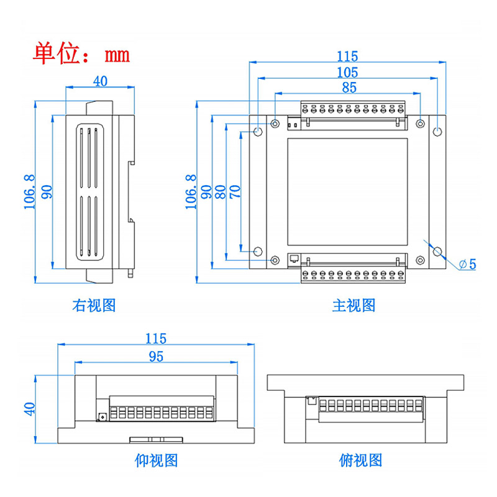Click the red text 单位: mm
pos(81,54)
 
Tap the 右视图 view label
pos(94,305)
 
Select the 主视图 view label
pos(353,305)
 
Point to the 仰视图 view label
pos(156,460)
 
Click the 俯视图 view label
pos(360,460)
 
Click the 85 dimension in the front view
pos(349,87)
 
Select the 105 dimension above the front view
pos(348,72)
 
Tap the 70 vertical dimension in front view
pos(235,191)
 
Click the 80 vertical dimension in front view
pos(221,191)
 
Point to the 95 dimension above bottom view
pos(155,355)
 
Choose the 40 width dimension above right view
pos(99,81)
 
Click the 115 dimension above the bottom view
pos(155,339)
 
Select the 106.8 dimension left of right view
pos(29,191)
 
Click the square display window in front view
pos(348,191)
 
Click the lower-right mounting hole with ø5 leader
pos(437,252)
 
